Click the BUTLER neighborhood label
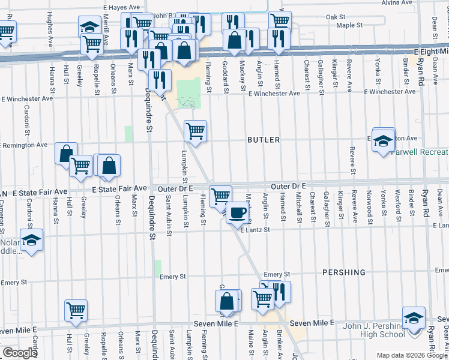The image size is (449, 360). click(264, 140)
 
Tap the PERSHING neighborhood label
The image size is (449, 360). click(343, 272)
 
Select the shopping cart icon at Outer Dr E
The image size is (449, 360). click(221, 195)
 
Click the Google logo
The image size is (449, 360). click(20, 353)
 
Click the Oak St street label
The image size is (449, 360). click(336, 17)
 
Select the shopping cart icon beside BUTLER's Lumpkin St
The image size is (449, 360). click(195, 130)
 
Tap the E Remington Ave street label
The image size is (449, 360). click(24, 145)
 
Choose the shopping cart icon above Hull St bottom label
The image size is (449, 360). click(76, 310)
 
